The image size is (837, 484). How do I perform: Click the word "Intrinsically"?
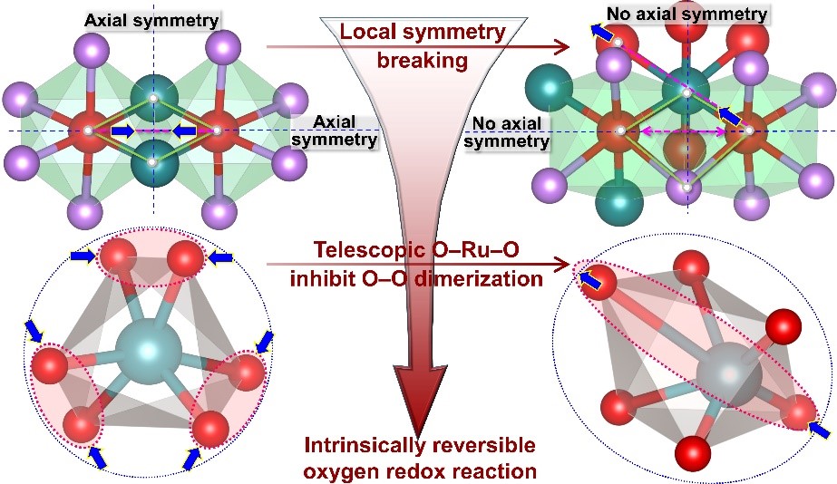coord(370,446)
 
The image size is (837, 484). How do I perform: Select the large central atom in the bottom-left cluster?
coord(148,348)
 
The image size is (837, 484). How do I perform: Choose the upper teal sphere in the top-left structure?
coord(153,98)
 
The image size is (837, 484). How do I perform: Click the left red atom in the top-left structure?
coord(86,131)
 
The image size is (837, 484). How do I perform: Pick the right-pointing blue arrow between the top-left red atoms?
coord(122,131)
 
